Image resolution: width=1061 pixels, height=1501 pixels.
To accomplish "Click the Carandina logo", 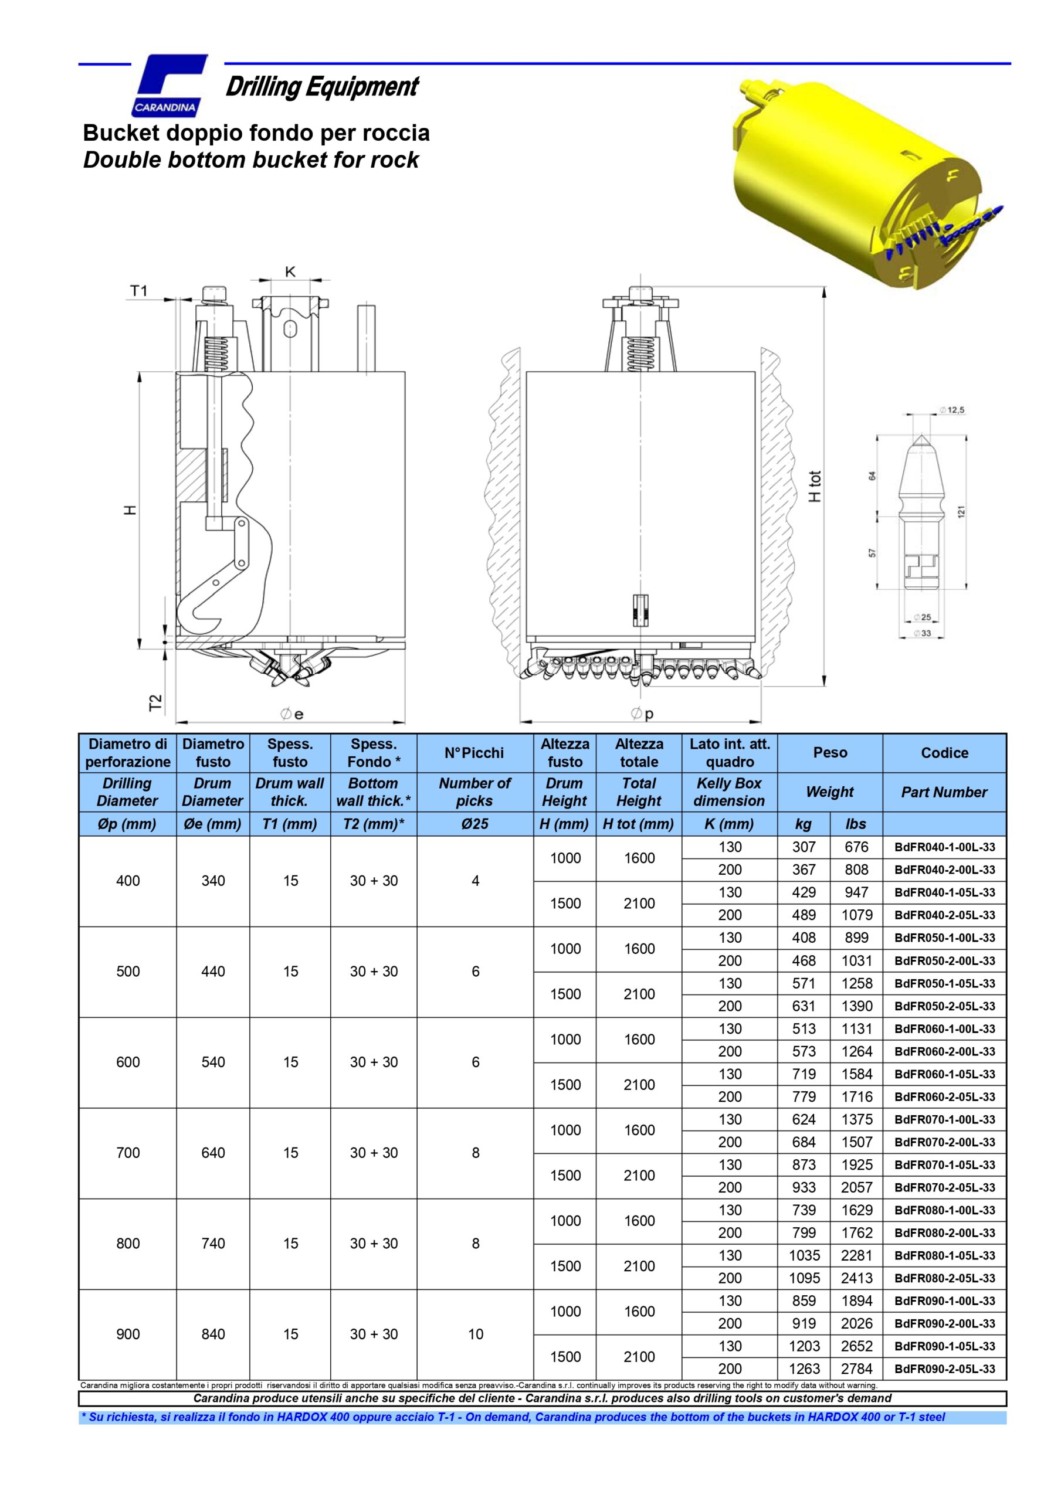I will click(170, 85).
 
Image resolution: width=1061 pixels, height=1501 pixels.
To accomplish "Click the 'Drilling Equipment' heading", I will click(321, 87).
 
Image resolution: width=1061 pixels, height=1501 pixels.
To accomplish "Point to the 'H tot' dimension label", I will click(815, 487).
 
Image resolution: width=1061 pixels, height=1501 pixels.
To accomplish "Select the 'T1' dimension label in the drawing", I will click(138, 291).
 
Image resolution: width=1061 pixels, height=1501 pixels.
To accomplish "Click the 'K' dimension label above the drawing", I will click(290, 271).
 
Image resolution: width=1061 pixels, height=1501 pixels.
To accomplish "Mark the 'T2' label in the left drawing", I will click(155, 703).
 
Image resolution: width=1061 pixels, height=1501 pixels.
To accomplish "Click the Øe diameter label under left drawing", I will click(293, 715).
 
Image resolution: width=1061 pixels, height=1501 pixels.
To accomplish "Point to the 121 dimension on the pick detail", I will click(961, 512).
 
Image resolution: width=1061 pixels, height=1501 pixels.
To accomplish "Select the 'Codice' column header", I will click(944, 752).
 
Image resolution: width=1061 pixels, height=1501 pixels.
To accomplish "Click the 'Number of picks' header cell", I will click(474, 792).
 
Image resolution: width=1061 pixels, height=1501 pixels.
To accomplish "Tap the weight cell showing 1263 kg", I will click(804, 1369).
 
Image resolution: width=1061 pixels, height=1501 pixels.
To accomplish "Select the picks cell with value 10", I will click(475, 1334).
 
